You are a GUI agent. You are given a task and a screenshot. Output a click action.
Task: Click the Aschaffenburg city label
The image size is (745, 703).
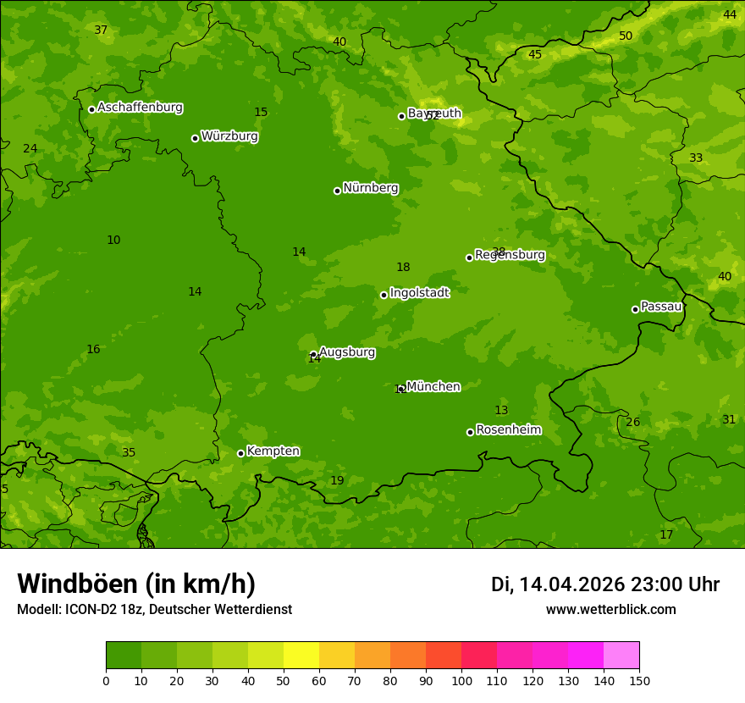pos(140,108)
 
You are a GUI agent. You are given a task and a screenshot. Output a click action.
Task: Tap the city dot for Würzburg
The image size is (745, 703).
pos(195,138)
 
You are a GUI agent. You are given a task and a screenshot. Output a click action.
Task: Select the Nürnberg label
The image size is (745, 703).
pos(370,188)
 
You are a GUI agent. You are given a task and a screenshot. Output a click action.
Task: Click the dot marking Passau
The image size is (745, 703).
pos(635,309)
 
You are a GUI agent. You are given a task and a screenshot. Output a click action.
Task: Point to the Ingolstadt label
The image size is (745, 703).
pos(419,293)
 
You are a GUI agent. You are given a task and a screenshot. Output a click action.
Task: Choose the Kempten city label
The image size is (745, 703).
pos(273,451)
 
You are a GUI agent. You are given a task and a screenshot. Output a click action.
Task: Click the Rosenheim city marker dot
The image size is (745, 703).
pos(470,432)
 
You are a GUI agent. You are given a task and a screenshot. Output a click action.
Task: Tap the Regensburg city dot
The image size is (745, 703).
pos(469,257)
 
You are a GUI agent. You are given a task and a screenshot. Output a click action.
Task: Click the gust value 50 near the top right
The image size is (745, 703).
pos(626,36)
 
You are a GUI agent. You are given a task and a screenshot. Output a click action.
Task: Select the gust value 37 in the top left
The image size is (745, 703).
pos(101,30)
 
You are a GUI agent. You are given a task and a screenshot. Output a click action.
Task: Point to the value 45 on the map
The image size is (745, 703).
pos(535,54)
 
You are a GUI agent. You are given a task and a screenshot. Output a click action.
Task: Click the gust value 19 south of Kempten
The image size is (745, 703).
pos(337,480)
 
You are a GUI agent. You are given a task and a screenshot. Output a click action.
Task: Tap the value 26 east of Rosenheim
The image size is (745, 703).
pos(633,422)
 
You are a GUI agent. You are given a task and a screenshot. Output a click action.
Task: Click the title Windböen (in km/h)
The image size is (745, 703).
pos(136,584)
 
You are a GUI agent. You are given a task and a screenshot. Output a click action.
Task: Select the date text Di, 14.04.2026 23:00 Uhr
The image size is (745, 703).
pos(604,584)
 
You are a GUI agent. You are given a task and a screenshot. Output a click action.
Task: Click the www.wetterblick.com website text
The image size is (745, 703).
pos(610,609)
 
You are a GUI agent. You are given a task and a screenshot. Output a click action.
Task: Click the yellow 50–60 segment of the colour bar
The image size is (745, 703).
pos(301,656)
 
